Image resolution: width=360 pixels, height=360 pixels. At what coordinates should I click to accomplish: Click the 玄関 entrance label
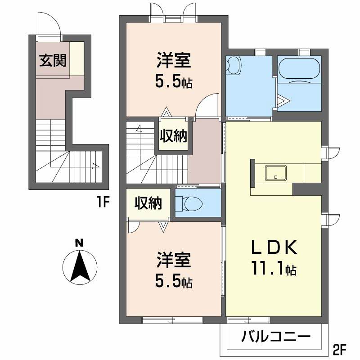(52, 61)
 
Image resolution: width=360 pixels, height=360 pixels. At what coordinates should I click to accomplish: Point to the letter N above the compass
(79, 243)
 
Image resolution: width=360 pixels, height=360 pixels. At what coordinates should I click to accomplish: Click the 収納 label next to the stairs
(174, 135)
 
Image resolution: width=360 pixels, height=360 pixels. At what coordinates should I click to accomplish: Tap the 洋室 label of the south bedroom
(174, 260)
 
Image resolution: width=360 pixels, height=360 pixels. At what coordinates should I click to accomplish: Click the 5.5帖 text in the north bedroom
(174, 81)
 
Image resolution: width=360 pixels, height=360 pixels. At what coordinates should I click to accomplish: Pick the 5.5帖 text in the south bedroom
(174, 281)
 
